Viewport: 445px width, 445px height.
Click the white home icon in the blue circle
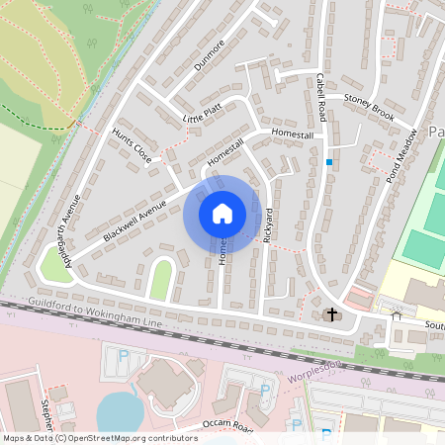click(222, 214)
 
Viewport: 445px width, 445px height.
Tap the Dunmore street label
click(212, 55)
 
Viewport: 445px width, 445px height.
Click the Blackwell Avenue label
click(134, 220)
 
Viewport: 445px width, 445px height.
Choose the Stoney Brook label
click(369, 110)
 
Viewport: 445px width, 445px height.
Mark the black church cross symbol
click(331, 315)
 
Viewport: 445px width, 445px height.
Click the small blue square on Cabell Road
click(328, 161)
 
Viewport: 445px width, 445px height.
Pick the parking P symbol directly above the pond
click(124, 356)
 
